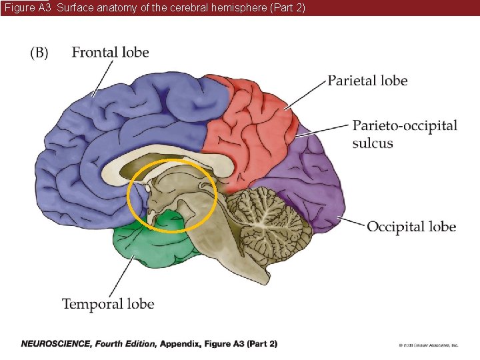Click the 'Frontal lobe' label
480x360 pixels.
coord(110,52)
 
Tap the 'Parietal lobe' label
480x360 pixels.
coord(367,81)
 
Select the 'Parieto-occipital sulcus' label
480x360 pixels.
coord(405,133)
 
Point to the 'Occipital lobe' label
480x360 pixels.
coord(411,227)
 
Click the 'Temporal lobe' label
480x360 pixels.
coord(108,304)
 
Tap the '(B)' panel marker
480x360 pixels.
coord(39,53)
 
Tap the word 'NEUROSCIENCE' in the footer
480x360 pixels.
coord(55,344)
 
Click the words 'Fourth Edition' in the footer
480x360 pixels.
coord(126,344)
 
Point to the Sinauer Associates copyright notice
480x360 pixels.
coord(428,345)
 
